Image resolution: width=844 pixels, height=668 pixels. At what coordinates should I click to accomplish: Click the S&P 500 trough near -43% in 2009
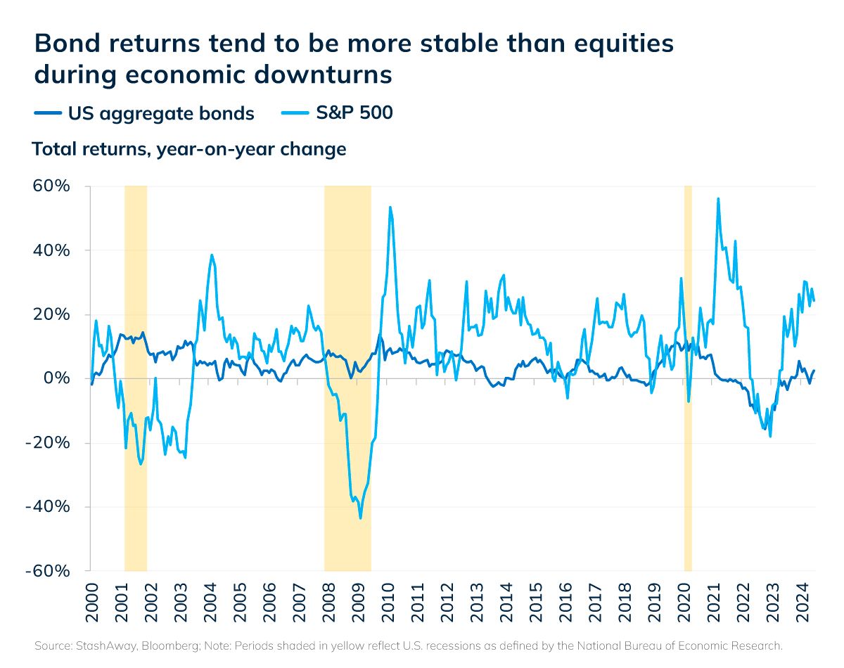click(x=360, y=518)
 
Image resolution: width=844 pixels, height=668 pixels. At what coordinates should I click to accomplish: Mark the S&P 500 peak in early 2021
click(x=718, y=199)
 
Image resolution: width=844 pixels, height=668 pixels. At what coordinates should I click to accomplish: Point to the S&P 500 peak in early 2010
click(x=390, y=207)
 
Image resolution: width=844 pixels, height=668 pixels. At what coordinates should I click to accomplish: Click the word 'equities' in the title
click(x=615, y=44)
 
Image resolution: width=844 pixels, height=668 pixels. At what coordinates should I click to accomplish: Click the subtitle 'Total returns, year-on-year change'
click(x=188, y=149)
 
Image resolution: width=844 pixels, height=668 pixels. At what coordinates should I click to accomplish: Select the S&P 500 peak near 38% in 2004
click(x=212, y=255)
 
